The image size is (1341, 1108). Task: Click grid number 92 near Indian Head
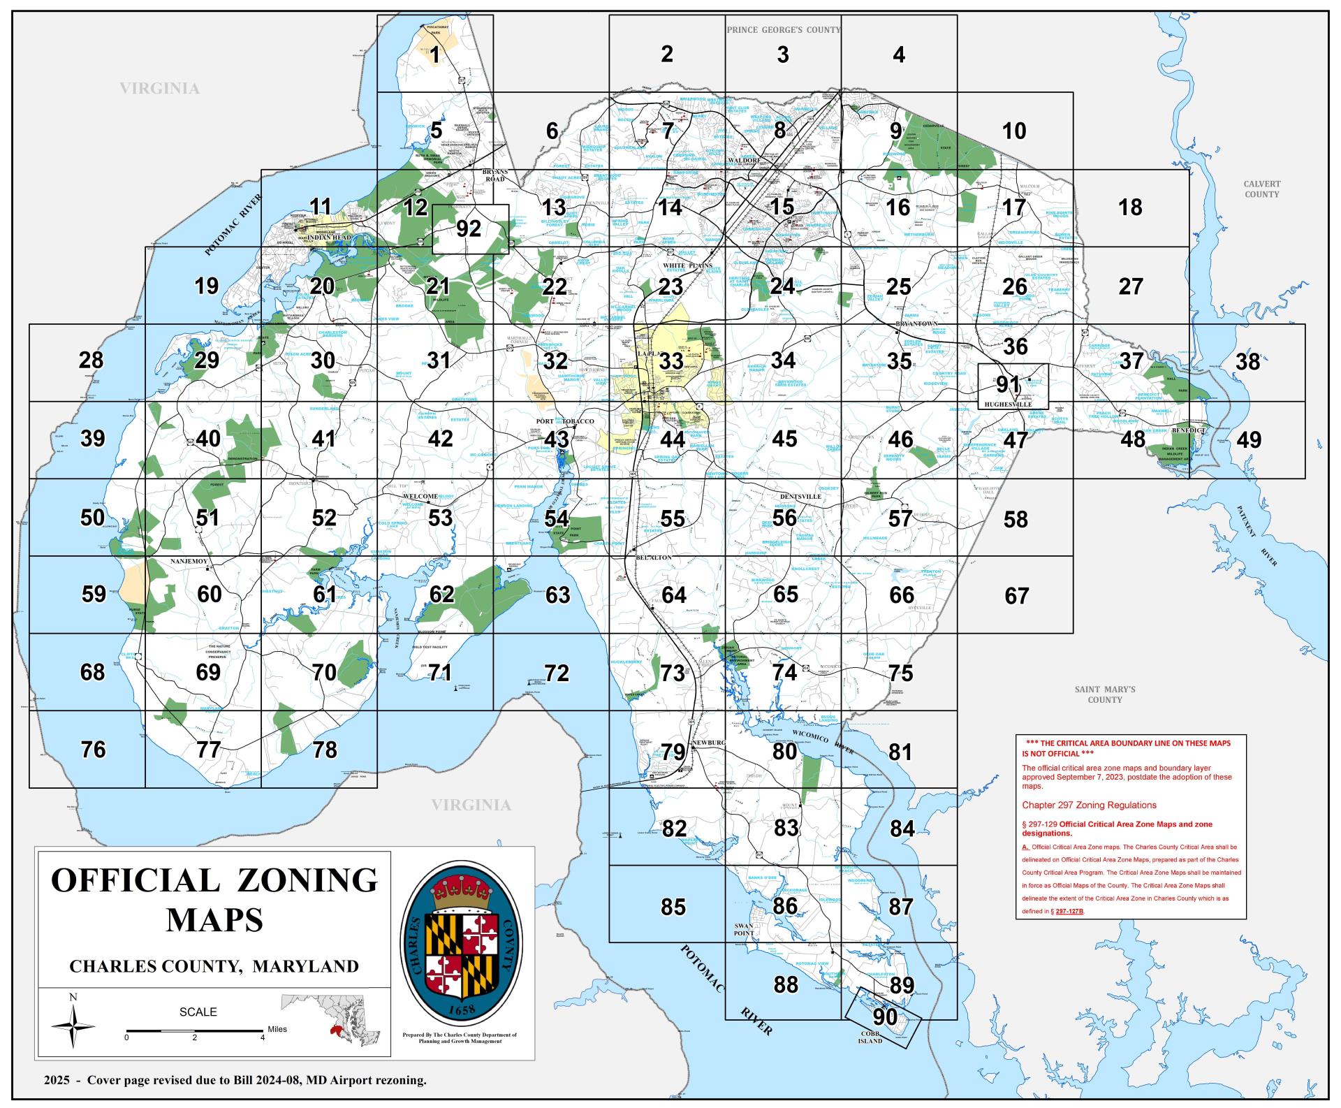tap(469, 228)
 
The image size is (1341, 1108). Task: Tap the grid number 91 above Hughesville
tap(1008, 384)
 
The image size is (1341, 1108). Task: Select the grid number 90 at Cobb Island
tap(885, 1016)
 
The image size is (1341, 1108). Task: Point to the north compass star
tap(73, 1026)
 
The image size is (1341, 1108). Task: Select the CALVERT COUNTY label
tap(1261, 189)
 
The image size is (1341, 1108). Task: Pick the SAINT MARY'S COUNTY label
tap(1104, 694)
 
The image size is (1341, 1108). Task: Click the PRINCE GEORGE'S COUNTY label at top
tap(783, 30)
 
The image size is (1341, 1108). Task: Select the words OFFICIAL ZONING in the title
tap(214, 880)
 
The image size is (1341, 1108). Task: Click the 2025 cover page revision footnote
tap(235, 1080)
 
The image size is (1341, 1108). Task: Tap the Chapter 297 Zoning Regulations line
tap(1089, 805)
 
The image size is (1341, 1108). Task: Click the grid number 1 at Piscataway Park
tap(434, 54)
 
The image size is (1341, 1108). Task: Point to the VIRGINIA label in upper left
tap(159, 89)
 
